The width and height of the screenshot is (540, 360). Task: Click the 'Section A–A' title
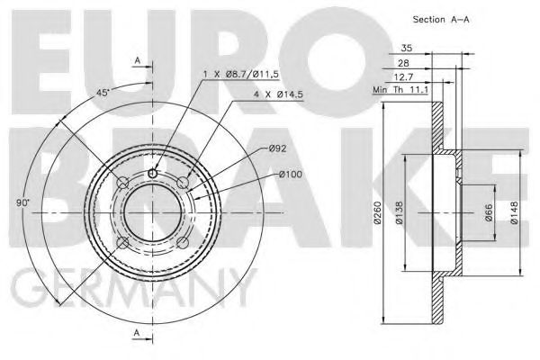[x=442, y=19]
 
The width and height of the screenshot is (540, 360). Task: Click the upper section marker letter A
[x=137, y=59]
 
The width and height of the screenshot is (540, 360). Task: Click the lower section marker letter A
[x=137, y=335]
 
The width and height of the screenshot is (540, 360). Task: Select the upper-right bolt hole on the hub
[x=184, y=184]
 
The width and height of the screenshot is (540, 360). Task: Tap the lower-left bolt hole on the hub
[x=121, y=245]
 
